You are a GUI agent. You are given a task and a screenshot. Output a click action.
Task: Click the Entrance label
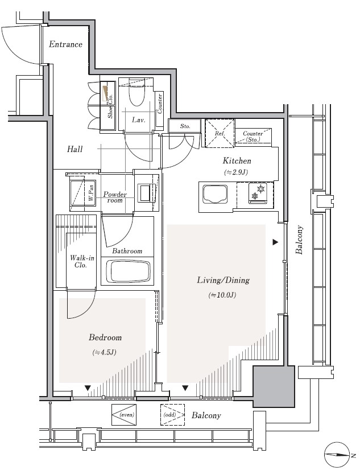(x=65, y=44)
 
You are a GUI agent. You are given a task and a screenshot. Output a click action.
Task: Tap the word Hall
(x=75, y=149)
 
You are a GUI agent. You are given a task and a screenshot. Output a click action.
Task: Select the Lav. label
(x=138, y=120)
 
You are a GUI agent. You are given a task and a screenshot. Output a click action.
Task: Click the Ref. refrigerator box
(x=220, y=133)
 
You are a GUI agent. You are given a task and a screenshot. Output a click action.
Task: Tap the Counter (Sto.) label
(x=253, y=137)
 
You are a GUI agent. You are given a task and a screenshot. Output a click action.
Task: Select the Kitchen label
(x=237, y=161)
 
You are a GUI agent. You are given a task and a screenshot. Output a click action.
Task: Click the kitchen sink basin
(x=215, y=194)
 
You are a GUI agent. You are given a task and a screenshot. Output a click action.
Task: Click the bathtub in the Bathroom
(x=129, y=271)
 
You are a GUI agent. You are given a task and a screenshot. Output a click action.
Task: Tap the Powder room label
(x=115, y=197)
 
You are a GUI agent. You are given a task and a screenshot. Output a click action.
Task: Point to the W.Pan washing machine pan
(x=83, y=193)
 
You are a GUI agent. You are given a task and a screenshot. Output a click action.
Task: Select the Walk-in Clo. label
(x=82, y=261)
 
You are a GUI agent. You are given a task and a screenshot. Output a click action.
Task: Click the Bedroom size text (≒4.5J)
(x=104, y=353)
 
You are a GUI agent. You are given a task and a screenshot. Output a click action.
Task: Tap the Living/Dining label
(x=223, y=281)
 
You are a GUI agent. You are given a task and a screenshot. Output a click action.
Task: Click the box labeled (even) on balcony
(x=124, y=415)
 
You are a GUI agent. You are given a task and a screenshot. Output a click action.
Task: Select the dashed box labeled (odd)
(x=172, y=415)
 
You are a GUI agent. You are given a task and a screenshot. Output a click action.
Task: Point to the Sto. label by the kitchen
(x=185, y=126)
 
